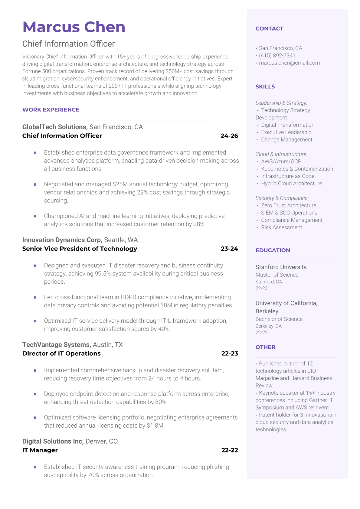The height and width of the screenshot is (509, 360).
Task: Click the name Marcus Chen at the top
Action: [74, 27]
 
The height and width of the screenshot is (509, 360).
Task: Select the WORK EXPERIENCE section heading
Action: [51, 110]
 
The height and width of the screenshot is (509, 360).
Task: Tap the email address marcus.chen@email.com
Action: [289, 63]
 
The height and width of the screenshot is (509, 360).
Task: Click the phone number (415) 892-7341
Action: [277, 56]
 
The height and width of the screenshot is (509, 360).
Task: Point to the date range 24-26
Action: [229, 136]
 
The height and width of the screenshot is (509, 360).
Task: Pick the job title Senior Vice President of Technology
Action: [80, 249]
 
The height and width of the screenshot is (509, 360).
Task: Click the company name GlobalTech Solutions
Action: [55, 127]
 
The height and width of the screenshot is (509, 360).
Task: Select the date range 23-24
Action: [229, 249]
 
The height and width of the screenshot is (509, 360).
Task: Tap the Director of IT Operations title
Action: [61, 353]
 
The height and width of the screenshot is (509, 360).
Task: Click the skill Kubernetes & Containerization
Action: [297, 169]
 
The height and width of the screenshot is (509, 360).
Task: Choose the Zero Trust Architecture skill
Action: [288, 205]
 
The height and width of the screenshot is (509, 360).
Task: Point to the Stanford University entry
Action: [281, 267]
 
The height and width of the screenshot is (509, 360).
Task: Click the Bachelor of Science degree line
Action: [279, 319]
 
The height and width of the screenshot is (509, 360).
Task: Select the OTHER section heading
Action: [265, 347]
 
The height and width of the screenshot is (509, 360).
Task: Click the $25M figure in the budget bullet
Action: [120, 184]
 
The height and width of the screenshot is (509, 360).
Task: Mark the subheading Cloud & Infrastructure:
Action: [281, 154]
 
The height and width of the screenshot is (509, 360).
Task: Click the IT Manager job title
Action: [40, 450]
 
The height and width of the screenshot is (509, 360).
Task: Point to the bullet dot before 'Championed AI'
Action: [35, 216]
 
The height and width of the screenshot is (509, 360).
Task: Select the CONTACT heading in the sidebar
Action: [269, 29]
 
